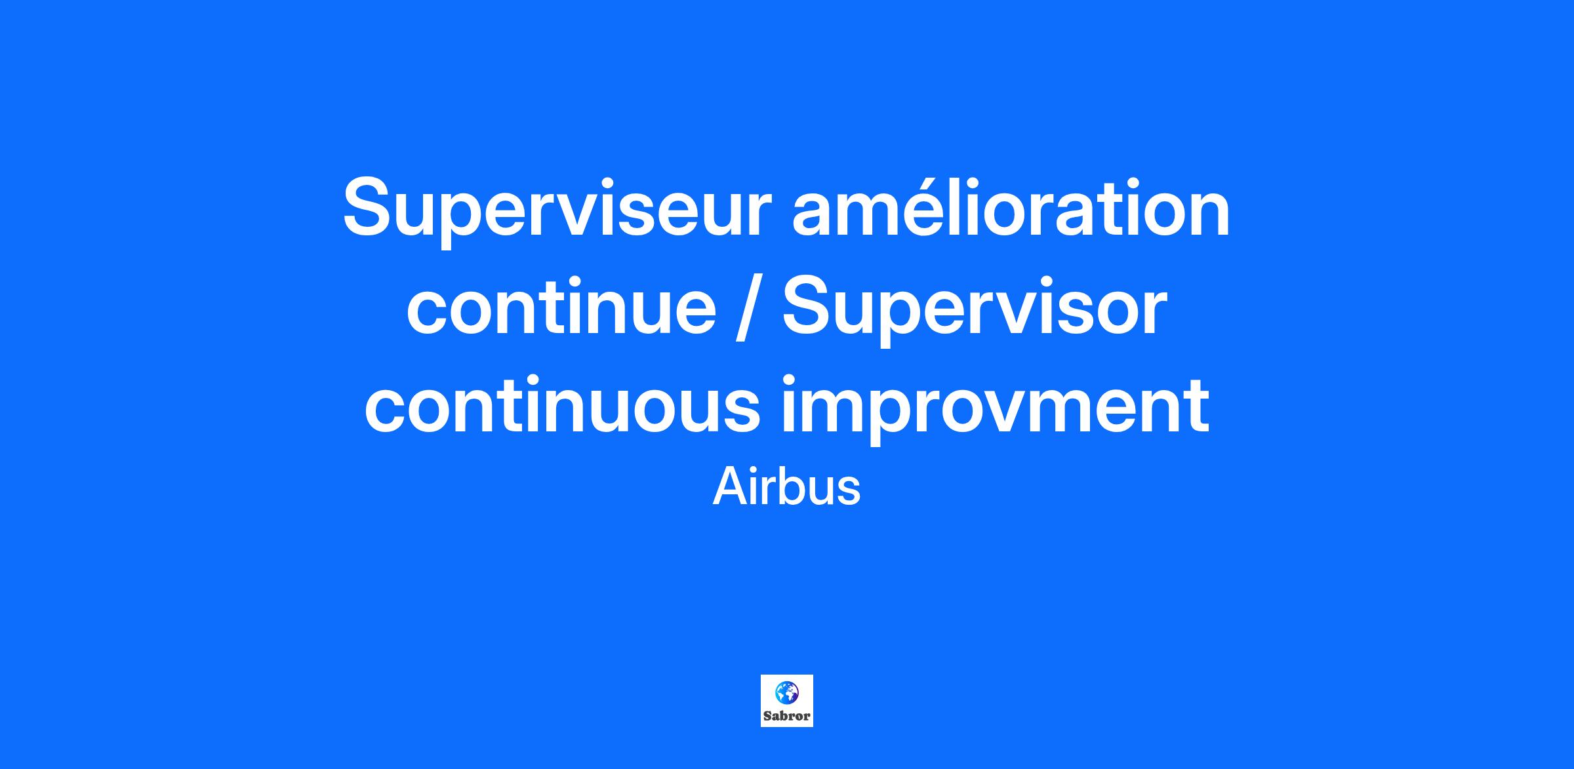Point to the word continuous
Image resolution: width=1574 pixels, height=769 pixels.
click(x=562, y=405)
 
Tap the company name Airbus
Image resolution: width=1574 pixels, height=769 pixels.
click(x=786, y=487)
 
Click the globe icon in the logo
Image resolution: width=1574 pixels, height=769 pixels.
click(x=786, y=693)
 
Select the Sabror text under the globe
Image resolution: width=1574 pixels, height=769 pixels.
click(x=787, y=716)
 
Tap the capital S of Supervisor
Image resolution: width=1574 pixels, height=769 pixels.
click(x=810, y=304)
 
